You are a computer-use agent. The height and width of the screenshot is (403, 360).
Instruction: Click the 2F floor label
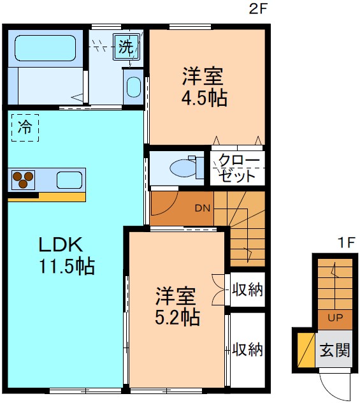click(257, 9)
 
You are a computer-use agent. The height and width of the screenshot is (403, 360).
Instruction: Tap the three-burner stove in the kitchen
click(24, 180)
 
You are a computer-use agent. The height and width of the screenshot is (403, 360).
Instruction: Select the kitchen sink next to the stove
click(69, 180)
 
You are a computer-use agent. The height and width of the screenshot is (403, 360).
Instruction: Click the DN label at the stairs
click(202, 208)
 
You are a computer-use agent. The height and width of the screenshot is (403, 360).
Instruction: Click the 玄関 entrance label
click(335, 350)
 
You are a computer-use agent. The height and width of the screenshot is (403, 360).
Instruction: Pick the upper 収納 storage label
click(247, 289)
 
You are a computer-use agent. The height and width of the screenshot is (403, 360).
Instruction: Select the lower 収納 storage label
click(247, 349)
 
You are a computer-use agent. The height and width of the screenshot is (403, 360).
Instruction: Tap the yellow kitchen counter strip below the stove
click(47, 196)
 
